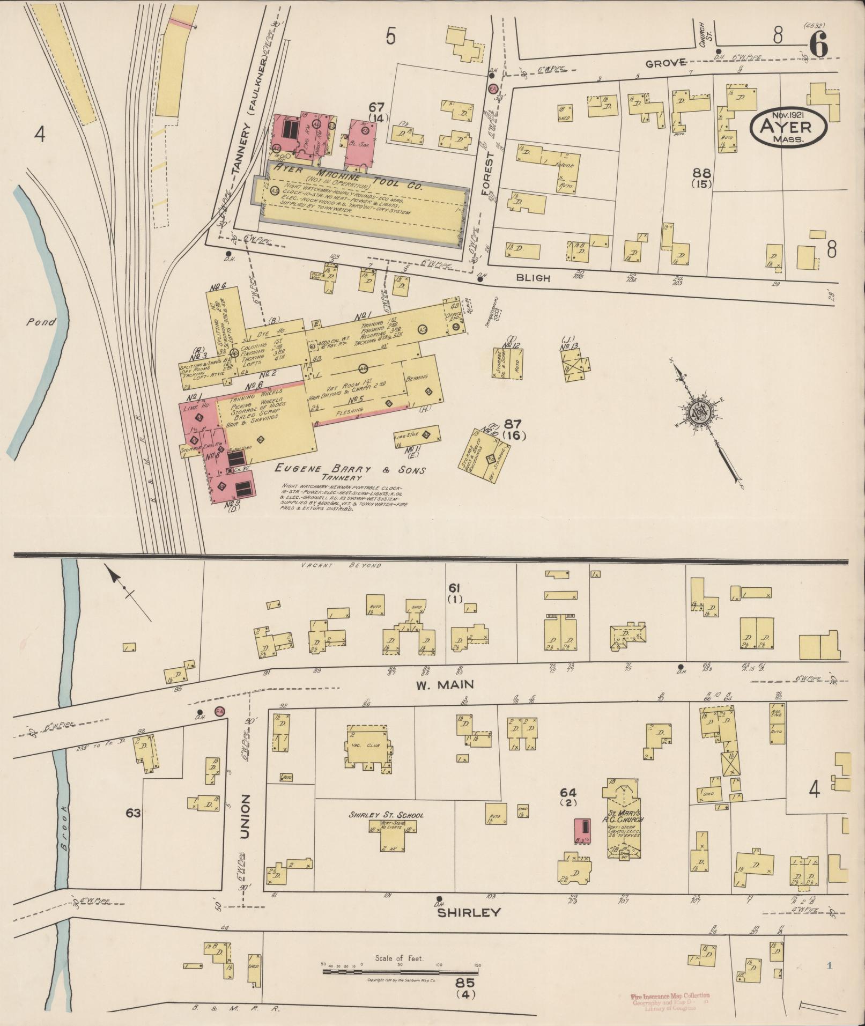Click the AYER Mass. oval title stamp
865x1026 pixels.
coord(788,126)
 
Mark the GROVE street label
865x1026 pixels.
coord(666,64)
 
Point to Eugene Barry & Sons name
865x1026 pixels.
coord(350,470)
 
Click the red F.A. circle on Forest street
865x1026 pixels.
coord(492,89)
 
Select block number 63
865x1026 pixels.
coord(133,814)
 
